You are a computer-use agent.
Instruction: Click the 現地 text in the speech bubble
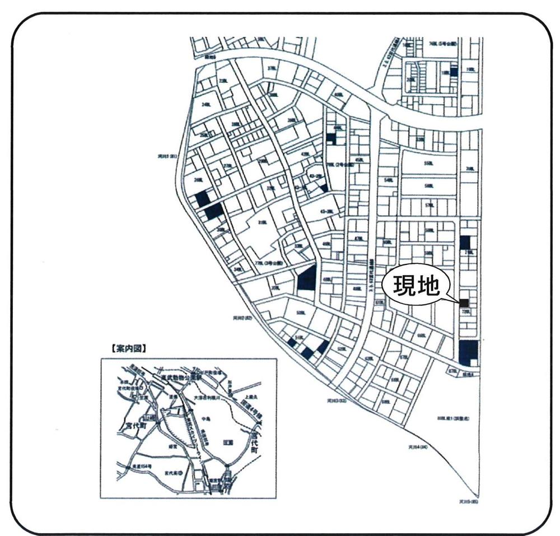pos(415,287)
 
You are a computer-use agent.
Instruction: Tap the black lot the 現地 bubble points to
pos(464,303)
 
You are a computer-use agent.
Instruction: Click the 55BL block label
pos(429,163)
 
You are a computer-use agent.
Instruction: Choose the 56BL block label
pos(429,186)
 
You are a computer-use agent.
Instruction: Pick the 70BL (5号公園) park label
pos(443,43)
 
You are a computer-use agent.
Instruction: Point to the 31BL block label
pos(259,222)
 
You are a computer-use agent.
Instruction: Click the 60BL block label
pos(422,336)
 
